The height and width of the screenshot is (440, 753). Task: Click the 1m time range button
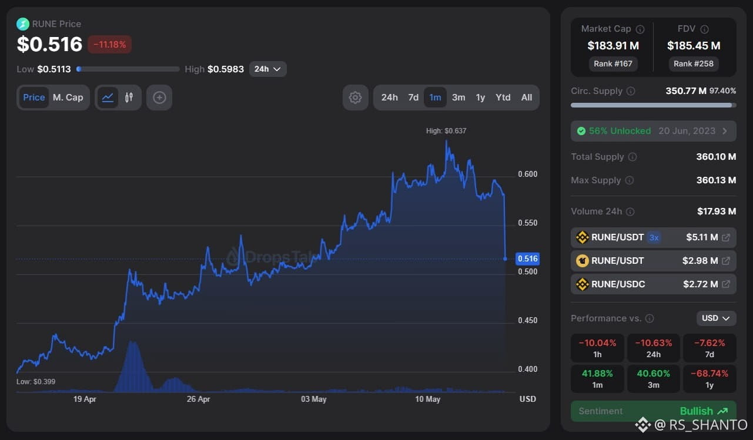pyautogui.click(x=435, y=98)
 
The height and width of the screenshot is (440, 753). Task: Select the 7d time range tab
pyautogui.click(x=413, y=98)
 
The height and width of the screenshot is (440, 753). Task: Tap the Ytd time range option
pyautogui.click(x=503, y=98)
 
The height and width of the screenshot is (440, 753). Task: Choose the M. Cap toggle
pyautogui.click(x=68, y=98)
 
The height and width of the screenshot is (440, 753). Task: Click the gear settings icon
pyautogui.click(x=355, y=98)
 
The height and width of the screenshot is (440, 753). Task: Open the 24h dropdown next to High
pyautogui.click(x=267, y=69)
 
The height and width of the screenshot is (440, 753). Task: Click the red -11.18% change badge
pyautogui.click(x=109, y=44)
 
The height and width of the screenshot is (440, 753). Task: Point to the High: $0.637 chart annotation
pyautogui.click(x=446, y=130)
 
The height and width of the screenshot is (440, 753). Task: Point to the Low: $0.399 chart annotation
pyautogui.click(x=36, y=382)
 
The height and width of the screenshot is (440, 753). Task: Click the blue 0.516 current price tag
pyautogui.click(x=527, y=258)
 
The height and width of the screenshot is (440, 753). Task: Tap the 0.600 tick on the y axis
pyautogui.click(x=527, y=174)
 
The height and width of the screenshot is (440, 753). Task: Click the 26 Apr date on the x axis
pyautogui.click(x=198, y=399)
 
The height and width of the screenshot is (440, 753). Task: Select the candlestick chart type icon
pyautogui.click(x=129, y=98)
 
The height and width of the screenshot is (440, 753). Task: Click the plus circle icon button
pyautogui.click(x=159, y=98)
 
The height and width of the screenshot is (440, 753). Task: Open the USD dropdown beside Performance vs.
pyautogui.click(x=716, y=318)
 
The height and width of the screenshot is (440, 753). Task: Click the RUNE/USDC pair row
pyautogui.click(x=653, y=284)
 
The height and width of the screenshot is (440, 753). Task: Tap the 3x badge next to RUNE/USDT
pyautogui.click(x=654, y=237)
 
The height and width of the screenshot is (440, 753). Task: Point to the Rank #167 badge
pyautogui.click(x=613, y=64)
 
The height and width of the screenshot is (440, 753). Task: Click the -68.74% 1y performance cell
pyautogui.click(x=710, y=378)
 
